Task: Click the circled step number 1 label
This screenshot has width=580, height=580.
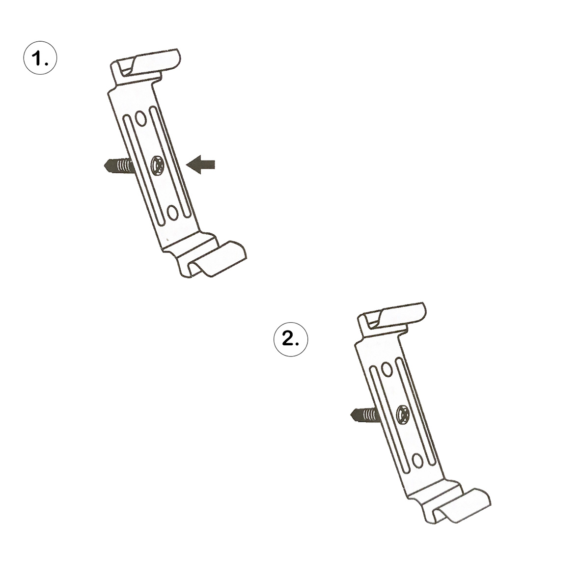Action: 40,58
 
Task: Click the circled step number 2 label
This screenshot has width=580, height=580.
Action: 291,339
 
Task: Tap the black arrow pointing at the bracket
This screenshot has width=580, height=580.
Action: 200,165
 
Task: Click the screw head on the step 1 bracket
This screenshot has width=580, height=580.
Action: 158,165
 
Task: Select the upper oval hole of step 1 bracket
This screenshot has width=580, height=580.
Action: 141,118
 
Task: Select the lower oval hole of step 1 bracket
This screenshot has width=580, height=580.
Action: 173,212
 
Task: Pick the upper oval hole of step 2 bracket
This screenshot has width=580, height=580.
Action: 387,369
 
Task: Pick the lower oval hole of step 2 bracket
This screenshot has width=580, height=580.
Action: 417,461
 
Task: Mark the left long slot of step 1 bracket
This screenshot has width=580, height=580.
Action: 144,170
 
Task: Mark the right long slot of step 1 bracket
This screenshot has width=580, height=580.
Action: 170,162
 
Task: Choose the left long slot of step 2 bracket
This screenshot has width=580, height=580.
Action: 390,420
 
